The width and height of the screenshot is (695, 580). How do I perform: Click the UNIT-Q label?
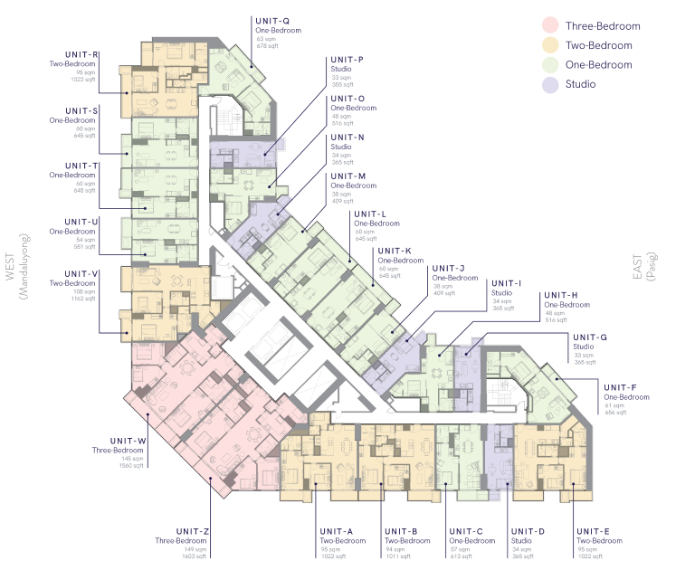pyautogui.click(x=272, y=20)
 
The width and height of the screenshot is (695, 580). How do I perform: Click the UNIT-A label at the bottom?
pyautogui.click(x=336, y=531)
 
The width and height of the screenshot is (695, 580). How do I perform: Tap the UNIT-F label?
pyautogui.click(x=621, y=387)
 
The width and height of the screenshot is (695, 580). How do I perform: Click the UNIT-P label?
pyautogui.click(x=347, y=60)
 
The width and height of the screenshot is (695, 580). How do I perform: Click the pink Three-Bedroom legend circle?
pyautogui.click(x=549, y=25)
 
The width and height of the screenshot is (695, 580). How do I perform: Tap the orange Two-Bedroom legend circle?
pyautogui.click(x=549, y=45)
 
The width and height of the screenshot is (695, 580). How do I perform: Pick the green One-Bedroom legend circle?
pyautogui.click(x=549, y=65)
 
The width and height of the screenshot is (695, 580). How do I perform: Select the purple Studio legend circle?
pyautogui.click(x=549, y=85)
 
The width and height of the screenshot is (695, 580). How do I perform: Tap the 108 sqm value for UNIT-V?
pyautogui.click(x=86, y=290)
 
